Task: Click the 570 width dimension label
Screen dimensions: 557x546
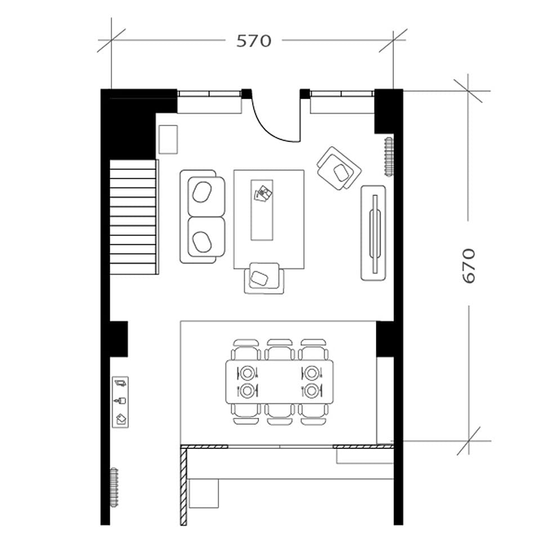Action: (x=253, y=41)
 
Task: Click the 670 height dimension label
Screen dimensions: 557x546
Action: (x=468, y=266)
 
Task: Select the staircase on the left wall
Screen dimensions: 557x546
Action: (x=133, y=217)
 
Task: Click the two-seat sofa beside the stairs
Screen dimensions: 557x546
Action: (x=202, y=217)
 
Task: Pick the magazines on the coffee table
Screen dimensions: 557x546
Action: (x=263, y=194)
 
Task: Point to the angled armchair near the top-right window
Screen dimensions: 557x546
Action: (x=338, y=168)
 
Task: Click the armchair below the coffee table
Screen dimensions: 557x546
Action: (x=264, y=278)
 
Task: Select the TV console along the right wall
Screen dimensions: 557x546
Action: (x=373, y=232)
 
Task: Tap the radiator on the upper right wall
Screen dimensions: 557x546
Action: (x=388, y=156)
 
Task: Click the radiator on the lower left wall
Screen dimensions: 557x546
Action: (x=114, y=487)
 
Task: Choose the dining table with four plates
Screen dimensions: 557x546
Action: (x=279, y=381)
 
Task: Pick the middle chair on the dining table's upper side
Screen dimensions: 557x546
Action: (x=280, y=350)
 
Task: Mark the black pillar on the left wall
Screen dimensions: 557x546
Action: (x=118, y=338)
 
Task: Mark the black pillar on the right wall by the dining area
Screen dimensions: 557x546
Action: (x=385, y=339)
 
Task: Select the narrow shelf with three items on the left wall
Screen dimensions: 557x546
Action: (x=120, y=402)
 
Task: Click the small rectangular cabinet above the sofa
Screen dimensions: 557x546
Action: (x=168, y=140)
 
